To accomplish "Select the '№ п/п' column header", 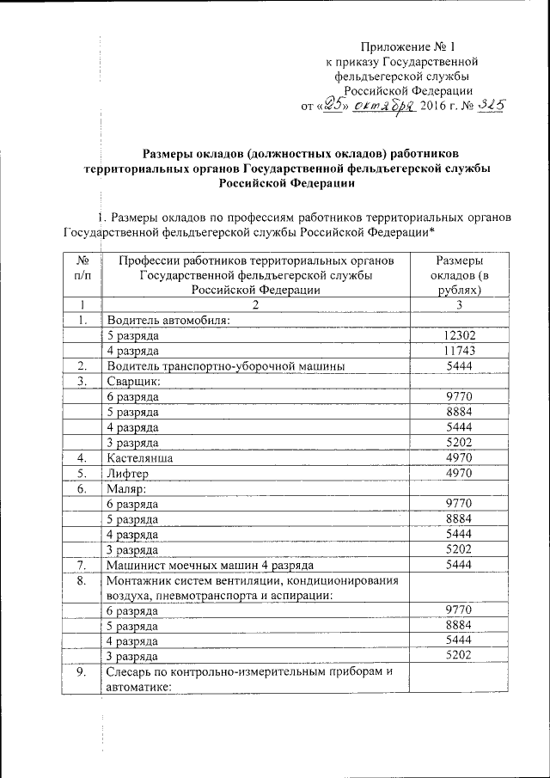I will pos(83,274).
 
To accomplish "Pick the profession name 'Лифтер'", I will pos(128,473).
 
